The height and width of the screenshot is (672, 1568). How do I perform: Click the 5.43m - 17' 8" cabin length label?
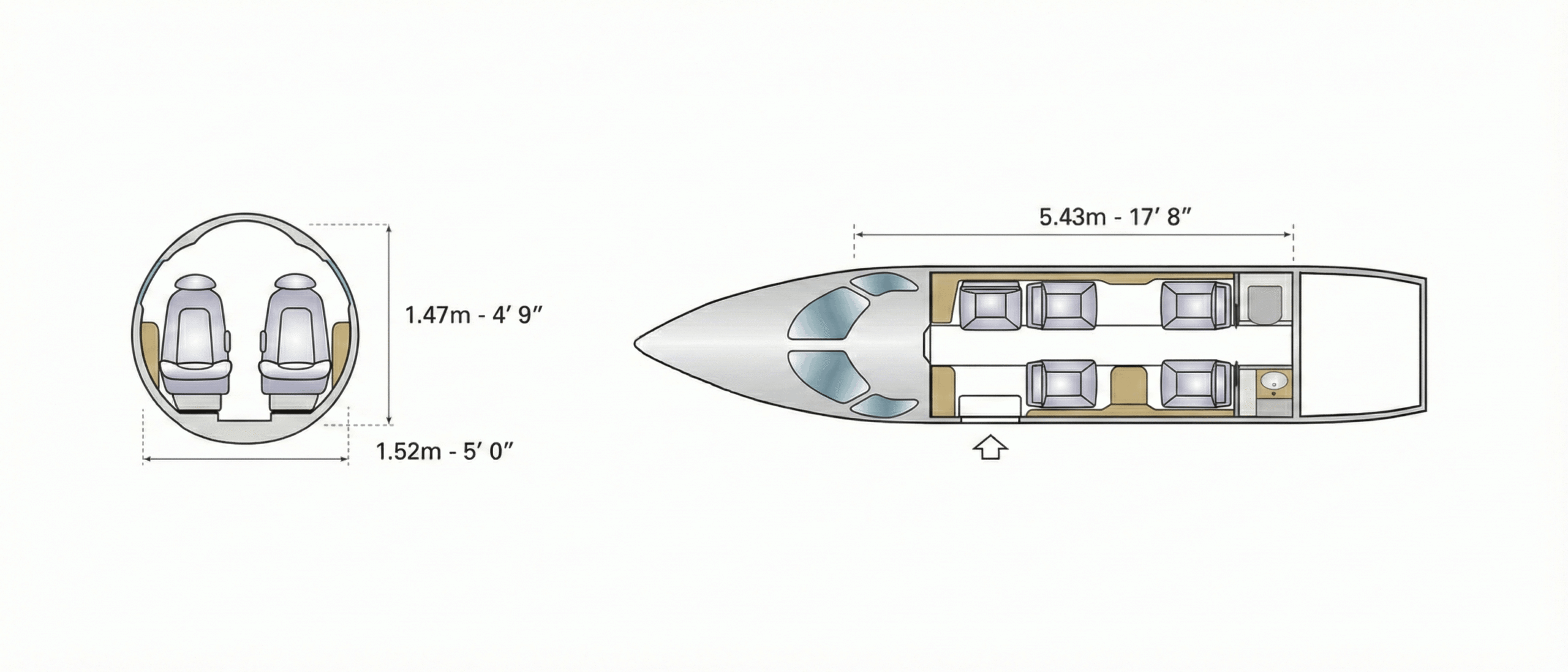tap(1115, 217)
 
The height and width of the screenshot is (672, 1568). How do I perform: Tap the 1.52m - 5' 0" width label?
tap(444, 451)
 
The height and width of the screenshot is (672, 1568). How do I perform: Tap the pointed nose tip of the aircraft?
tap(635, 344)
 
